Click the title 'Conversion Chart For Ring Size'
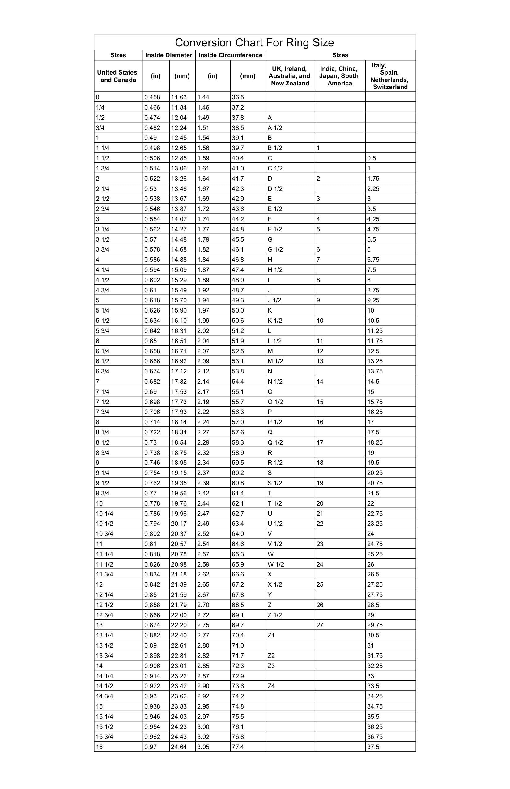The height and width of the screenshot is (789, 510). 254,42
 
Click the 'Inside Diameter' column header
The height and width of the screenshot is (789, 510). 169,55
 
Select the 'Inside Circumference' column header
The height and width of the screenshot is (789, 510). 230,55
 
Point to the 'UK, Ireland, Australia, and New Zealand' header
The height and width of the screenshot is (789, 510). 290,76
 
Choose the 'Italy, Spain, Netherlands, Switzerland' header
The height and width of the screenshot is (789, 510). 390,76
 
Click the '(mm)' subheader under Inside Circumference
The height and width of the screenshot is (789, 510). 247,76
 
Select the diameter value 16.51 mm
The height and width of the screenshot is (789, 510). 179,341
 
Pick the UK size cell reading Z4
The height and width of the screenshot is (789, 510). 271,686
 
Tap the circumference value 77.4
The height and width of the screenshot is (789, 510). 238,747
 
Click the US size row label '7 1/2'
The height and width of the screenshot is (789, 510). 103,402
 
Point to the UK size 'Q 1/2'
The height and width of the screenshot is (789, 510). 275,442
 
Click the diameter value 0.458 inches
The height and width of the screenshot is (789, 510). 152,97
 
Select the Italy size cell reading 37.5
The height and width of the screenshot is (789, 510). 373,747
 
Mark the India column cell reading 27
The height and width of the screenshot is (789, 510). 320,625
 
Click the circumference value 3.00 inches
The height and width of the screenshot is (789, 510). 203,727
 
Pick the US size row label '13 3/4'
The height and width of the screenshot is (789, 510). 105,655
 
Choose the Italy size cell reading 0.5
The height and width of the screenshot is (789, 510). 372,158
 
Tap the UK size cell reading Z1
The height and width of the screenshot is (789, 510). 271,635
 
